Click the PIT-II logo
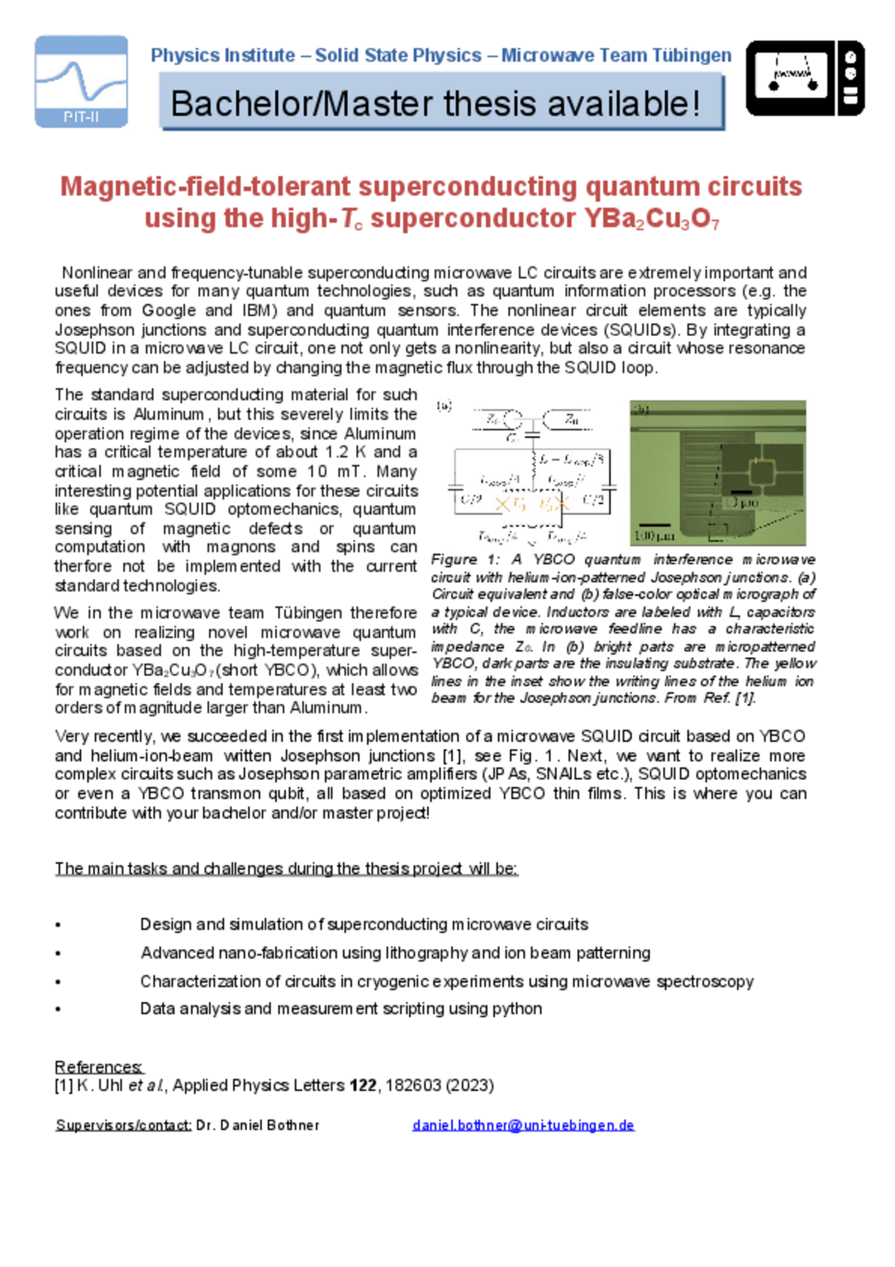click(x=81, y=82)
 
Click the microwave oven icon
click(x=805, y=78)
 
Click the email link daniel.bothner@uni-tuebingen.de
click(x=523, y=1125)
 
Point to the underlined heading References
click(x=99, y=1067)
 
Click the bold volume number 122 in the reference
click(x=362, y=1085)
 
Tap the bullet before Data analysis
click(x=58, y=1009)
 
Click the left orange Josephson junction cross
click(x=502, y=504)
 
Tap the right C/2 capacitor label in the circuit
click(x=593, y=500)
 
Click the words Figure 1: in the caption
click(x=465, y=560)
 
